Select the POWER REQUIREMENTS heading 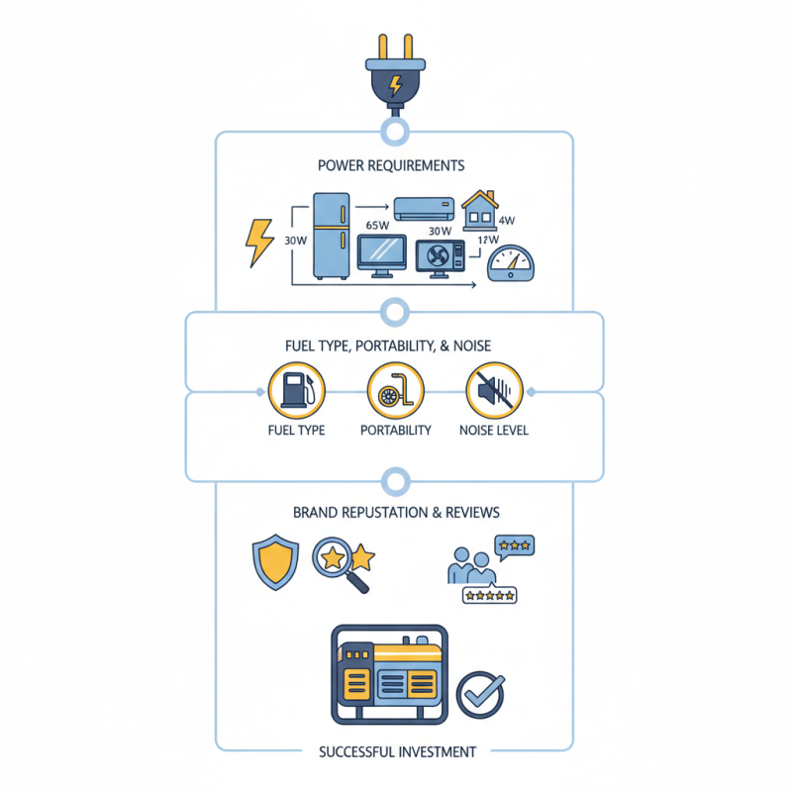click(391, 165)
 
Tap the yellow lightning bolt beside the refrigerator click(260, 242)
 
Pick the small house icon click(480, 209)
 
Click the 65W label click(377, 225)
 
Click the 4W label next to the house click(507, 220)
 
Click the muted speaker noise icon click(493, 391)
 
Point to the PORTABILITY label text click(395, 431)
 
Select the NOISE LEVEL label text click(494, 431)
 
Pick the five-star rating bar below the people click(489, 595)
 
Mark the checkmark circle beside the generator click(481, 694)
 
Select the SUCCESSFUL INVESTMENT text click(397, 751)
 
